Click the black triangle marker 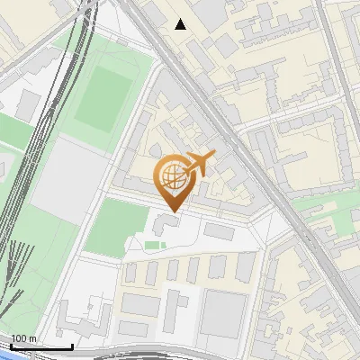point(181,24)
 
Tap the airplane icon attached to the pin point(202,164)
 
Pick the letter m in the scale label point(33,338)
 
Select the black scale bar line point(40,346)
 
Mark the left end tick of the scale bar point(10,346)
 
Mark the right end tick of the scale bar point(72,346)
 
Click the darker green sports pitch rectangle point(102,96)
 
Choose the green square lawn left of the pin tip point(120,227)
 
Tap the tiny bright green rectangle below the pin point(154,245)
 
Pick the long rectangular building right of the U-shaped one point(219,231)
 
